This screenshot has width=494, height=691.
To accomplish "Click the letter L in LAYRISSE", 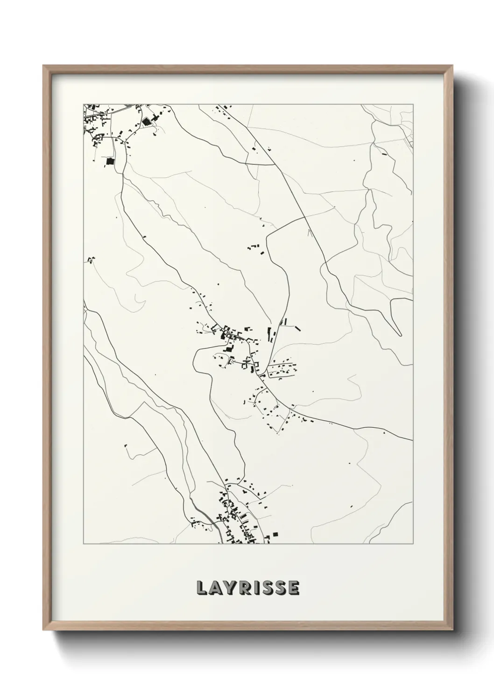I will (x=202, y=588).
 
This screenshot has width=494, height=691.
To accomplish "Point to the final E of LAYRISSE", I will (x=293, y=588).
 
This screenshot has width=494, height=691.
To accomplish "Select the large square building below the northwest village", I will (x=110, y=161).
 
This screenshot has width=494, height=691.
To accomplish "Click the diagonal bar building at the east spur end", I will (x=297, y=329).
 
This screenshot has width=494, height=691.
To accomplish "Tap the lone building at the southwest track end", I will (x=126, y=446).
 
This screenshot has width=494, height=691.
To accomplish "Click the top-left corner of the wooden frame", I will (x=43, y=66).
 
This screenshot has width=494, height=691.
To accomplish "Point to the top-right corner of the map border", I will (x=413, y=104).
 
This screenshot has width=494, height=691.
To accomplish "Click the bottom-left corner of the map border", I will (x=84, y=544).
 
